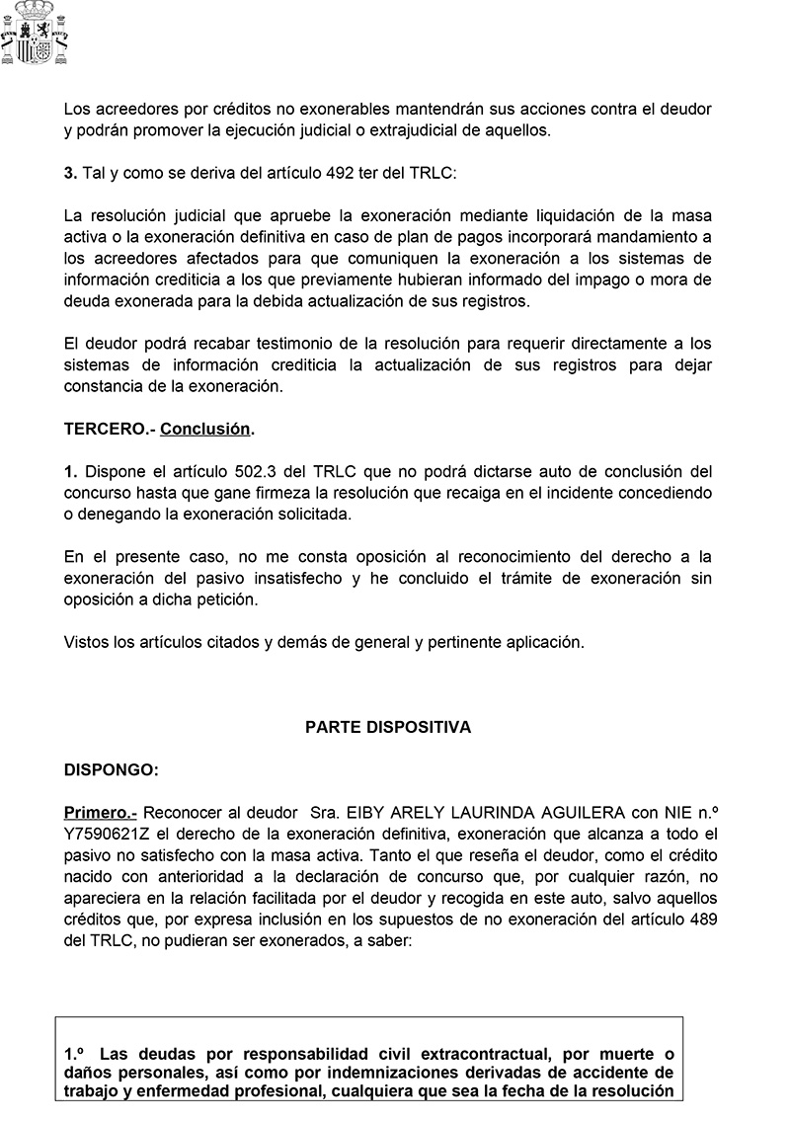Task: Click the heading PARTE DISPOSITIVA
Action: click(388, 727)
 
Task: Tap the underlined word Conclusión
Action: click(205, 429)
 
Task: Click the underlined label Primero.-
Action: click(100, 812)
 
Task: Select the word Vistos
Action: click(86, 642)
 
